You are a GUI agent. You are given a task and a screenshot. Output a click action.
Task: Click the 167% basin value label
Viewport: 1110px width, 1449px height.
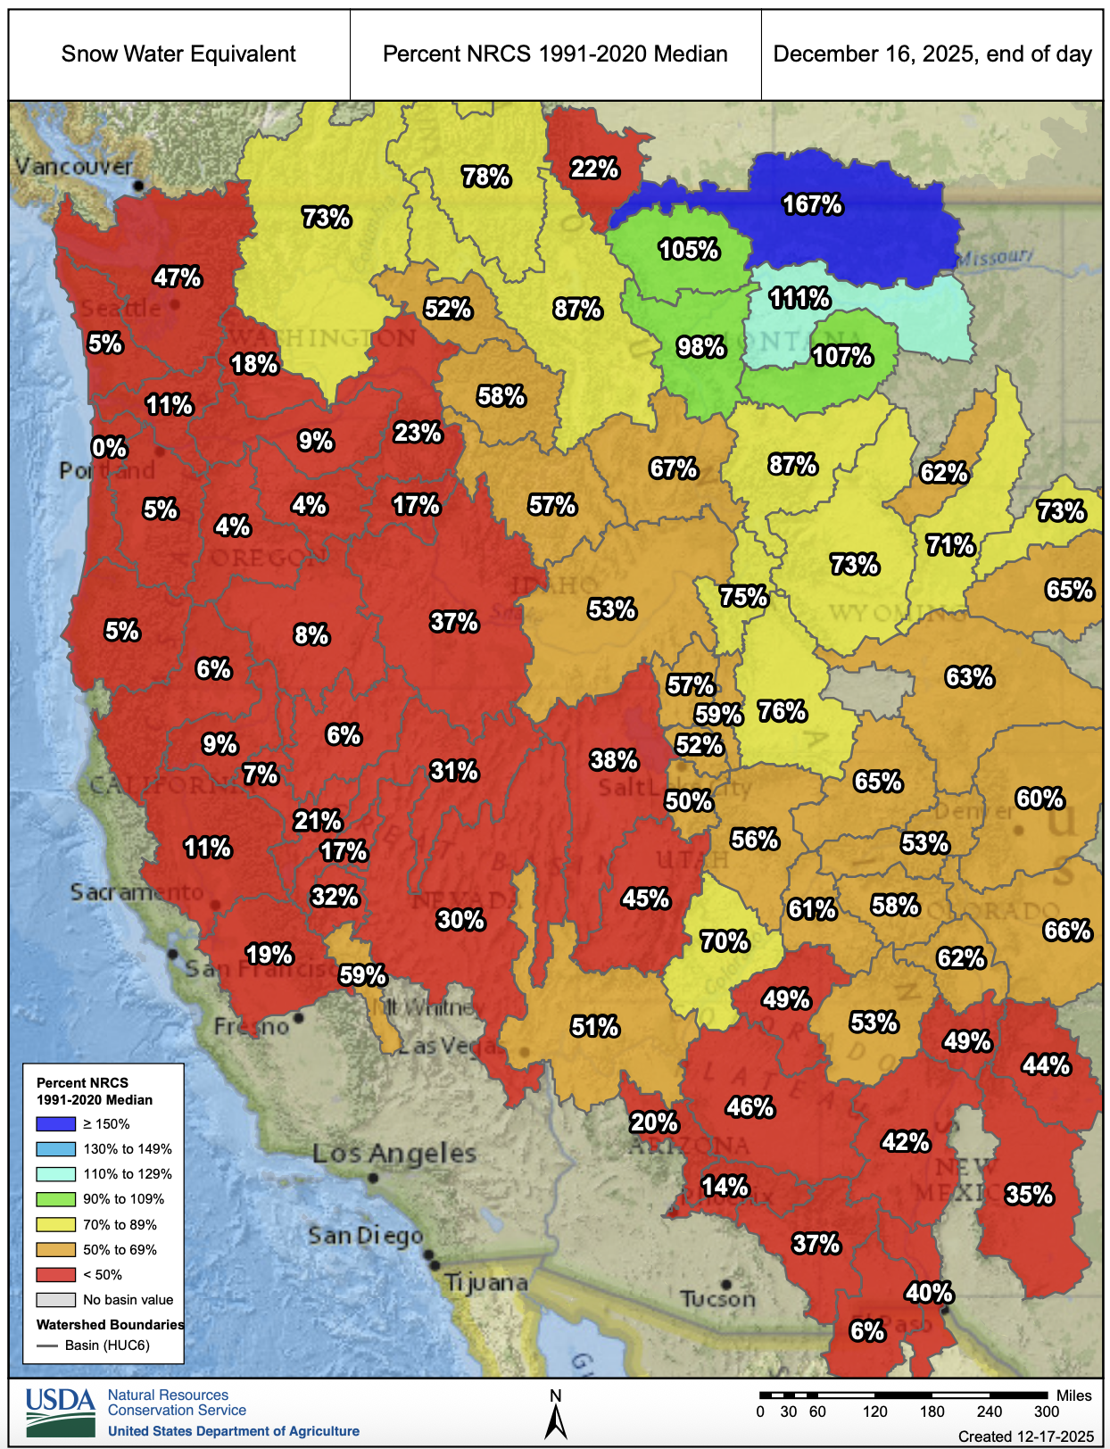pyautogui.click(x=812, y=204)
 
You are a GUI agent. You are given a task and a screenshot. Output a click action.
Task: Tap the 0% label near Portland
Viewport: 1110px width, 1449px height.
pyautogui.click(x=110, y=448)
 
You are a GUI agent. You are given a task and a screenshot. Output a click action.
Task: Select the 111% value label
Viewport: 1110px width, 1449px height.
pyautogui.click(x=799, y=298)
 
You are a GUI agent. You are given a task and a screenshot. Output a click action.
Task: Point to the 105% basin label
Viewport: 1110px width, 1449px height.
pyautogui.click(x=689, y=250)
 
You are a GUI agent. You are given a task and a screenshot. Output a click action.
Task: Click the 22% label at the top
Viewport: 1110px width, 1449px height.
pyautogui.click(x=594, y=168)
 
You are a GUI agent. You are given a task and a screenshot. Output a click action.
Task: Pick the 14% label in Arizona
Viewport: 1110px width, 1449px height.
pyautogui.click(x=725, y=1187)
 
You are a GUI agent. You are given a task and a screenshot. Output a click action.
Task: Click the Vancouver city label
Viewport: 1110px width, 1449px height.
pyautogui.click(x=74, y=167)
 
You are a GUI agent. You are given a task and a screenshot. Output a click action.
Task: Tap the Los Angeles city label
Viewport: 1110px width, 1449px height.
pyautogui.click(x=394, y=1154)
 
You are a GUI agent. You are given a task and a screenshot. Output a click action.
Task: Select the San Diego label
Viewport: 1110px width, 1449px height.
pyautogui.click(x=365, y=1236)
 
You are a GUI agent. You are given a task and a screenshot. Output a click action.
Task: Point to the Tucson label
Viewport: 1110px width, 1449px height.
pyautogui.click(x=717, y=1299)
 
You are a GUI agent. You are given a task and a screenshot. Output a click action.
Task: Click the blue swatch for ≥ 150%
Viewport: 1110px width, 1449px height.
pyautogui.click(x=55, y=1124)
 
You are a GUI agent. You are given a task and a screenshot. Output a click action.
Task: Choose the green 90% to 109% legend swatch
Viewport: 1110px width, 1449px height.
pyautogui.click(x=55, y=1199)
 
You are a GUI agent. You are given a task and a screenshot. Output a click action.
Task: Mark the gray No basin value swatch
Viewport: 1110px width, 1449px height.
pyautogui.click(x=55, y=1300)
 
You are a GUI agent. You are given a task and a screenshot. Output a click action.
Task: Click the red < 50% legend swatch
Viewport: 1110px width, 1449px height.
pyautogui.click(x=55, y=1275)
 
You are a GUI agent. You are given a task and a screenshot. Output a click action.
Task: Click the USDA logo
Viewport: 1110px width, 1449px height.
pyautogui.click(x=61, y=1412)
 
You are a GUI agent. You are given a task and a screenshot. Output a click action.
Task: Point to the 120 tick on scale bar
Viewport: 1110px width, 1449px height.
pyautogui.click(x=874, y=1412)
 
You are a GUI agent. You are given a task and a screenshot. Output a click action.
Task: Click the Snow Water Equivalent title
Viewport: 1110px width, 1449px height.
pyautogui.click(x=178, y=54)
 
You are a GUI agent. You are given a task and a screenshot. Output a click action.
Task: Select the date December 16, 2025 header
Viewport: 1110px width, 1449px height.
pyautogui.click(x=932, y=54)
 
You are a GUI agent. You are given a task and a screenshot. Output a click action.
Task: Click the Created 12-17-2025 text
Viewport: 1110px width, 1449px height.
pyautogui.click(x=1025, y=1437)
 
